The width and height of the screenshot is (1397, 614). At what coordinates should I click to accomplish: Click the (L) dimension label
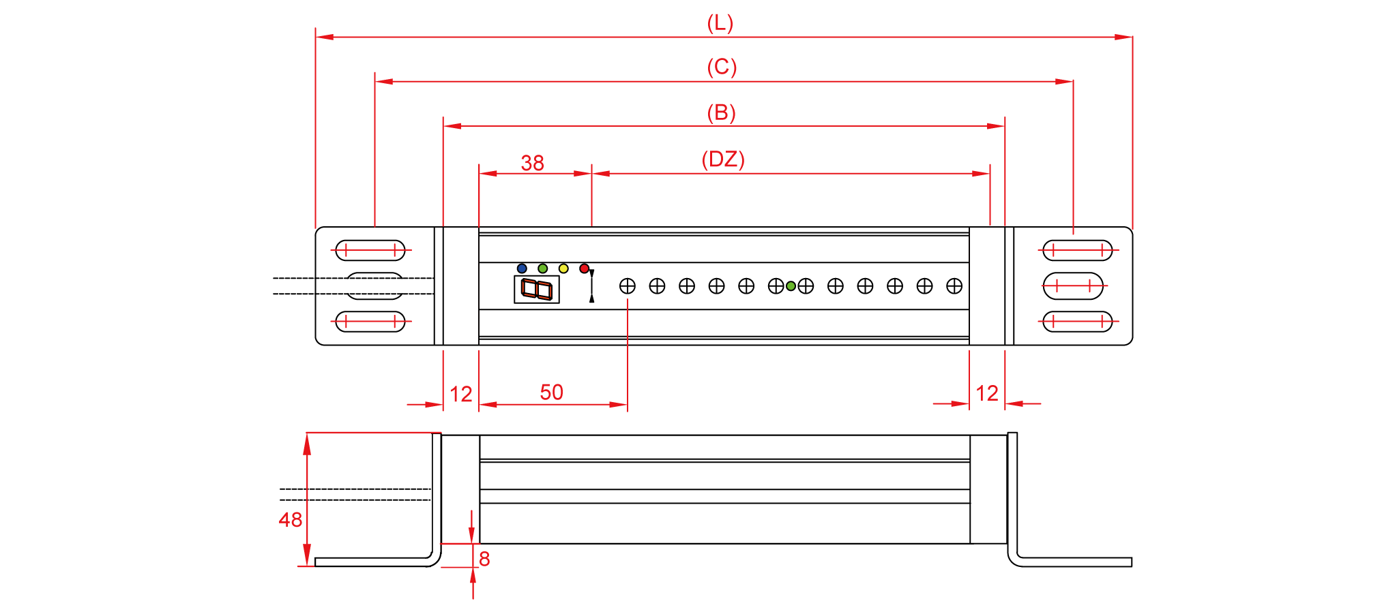coord(720,23)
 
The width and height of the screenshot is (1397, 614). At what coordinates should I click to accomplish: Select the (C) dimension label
coord(722,67)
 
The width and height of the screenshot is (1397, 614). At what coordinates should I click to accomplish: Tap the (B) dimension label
coord(721,112)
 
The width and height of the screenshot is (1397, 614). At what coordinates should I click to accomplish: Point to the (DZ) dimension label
coord(723,159)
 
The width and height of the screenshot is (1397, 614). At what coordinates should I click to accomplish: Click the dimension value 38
coord(532,163)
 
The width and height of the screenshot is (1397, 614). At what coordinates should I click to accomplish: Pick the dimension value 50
coord(551,393)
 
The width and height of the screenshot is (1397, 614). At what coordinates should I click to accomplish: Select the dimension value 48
coord(291,520)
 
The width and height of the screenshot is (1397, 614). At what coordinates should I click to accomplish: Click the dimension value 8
coord(484,559)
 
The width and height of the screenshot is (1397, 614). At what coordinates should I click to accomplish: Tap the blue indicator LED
coord(522,268)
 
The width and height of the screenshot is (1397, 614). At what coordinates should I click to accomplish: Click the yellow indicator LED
coord(563,268)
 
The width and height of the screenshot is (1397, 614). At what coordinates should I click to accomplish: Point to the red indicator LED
coord(584,268)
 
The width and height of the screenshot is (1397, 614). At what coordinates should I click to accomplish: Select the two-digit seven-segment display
coord(537,289)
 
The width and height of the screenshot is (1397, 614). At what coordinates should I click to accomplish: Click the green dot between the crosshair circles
coord(791,286)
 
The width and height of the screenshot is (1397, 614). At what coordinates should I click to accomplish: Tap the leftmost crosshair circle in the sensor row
coord(628,286)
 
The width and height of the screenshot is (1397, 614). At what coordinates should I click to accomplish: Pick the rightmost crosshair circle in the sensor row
coord(954,286)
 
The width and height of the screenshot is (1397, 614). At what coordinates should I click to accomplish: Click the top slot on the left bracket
coord(370,250)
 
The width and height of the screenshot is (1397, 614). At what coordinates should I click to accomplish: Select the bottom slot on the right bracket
coord(1078,321)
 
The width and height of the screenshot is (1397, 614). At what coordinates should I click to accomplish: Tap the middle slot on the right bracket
coord(1073,286)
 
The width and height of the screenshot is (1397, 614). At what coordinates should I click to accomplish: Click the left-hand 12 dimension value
coord(461,394)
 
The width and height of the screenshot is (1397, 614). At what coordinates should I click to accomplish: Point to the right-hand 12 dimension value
coord(987,393)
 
